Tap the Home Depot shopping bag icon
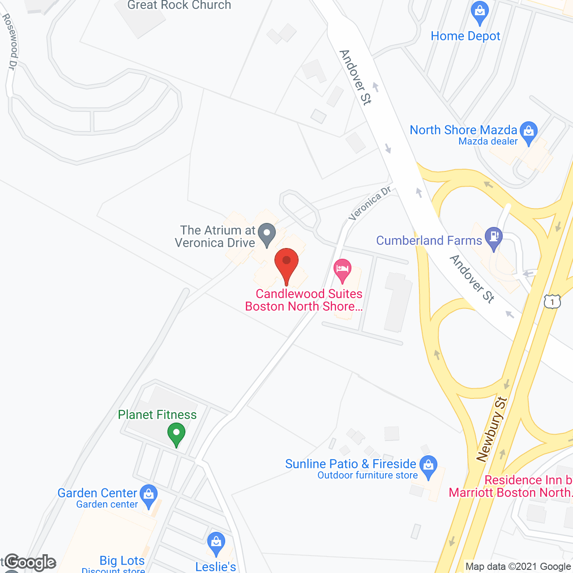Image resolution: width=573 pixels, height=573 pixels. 480,13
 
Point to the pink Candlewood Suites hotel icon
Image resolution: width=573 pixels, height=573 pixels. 342,270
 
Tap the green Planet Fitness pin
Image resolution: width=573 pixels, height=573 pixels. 176,434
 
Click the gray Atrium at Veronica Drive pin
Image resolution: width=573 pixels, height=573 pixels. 267,235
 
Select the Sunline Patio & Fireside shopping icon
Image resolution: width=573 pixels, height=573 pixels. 428,467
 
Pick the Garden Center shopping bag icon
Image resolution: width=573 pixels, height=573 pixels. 148,496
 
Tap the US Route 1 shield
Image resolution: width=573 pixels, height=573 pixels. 552,301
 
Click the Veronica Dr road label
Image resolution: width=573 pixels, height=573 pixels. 370,204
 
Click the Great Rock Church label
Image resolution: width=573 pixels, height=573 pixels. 179,5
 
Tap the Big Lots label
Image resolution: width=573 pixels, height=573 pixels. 122,560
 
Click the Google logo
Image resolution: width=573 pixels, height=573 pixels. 30,562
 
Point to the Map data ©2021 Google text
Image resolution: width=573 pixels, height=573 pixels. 518,567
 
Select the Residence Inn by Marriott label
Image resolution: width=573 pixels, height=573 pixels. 510,486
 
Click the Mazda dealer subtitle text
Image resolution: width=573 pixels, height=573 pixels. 488,141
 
